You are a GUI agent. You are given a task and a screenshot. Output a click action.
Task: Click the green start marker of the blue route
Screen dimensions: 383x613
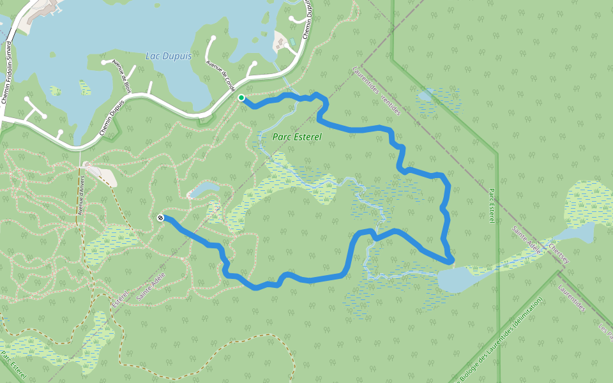(241, 98)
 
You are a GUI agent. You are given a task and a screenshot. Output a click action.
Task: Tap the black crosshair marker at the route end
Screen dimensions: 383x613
(160, 218)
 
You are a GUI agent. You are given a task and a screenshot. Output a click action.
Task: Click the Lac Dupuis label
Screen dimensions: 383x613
(168, 56)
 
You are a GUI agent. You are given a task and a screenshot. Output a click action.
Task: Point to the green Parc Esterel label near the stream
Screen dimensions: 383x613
(296, 137)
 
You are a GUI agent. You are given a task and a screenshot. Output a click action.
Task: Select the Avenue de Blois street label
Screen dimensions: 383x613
(121, 77)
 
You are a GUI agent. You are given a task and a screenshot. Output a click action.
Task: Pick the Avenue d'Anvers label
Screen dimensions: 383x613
(80, 195)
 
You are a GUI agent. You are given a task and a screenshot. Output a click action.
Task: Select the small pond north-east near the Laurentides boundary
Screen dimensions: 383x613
(425, 96)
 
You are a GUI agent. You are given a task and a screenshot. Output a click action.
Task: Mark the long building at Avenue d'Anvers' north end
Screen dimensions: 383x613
(101, 174)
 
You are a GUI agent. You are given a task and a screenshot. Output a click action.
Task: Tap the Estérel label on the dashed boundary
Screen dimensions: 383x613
(121, 296)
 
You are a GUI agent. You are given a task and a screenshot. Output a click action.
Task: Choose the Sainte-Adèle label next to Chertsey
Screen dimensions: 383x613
(526, 240)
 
